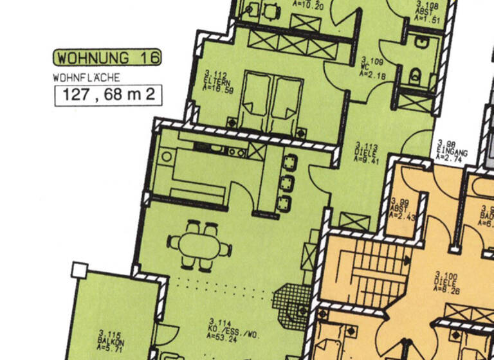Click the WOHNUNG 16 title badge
click(107, 58)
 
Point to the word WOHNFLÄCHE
click(87, 78)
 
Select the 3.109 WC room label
click(371, 68)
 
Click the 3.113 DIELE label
click(368, 153)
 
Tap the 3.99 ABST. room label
click(403, 208)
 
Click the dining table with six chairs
click(200, 245)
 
